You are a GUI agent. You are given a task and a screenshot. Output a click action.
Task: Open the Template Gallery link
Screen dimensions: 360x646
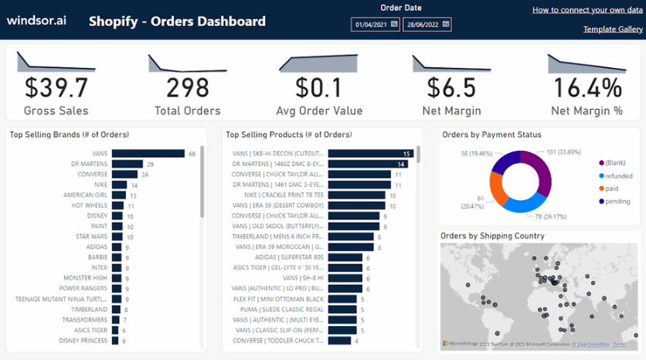pyautogui.click(x=613, y=29)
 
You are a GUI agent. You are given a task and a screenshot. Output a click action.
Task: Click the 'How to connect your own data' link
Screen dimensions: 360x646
pyautogui.click(x=587, y=10)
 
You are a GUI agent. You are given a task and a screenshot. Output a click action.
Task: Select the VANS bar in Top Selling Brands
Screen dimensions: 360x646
pyautogui.click(x=148, y=154)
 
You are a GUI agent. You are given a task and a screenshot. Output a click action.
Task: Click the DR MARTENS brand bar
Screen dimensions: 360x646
pyautogui.click(x=127, y=164)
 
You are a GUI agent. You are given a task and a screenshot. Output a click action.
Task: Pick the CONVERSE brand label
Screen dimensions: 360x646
pyautogui.click(x=92, y=175)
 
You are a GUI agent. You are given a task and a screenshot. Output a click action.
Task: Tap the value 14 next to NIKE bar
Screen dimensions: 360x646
pyautogui.click(x=134, y=185)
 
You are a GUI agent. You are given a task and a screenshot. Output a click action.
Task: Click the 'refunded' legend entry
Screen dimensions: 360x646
pyautogui.click(x=618, y=176)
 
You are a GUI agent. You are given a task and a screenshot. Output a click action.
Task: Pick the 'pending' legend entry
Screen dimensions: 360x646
pyautogui.click(x=617, y=202)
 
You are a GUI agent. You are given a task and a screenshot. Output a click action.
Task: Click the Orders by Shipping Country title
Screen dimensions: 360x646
pyautogui.click(x=492, y=236)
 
